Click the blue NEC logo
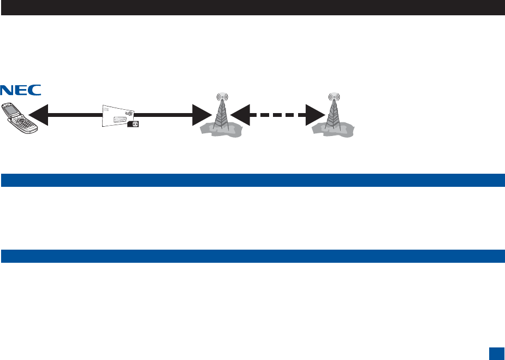point(21,90)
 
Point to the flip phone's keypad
point(25,123)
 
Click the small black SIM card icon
point(132,124)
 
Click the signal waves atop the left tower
point(221,98)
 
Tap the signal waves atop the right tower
point(332,98)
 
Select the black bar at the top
point(252,7)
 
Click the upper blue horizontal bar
point(252,180)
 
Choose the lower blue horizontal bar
point(252,256)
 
